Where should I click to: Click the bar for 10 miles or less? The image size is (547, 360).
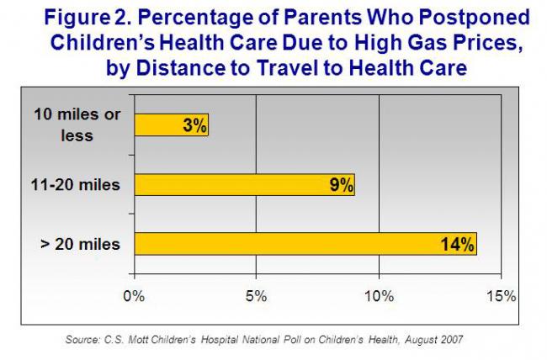tap(171, 125)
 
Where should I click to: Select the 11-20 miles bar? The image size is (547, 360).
tap(244, 184)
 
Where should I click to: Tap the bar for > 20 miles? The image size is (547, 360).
tap(305, 243)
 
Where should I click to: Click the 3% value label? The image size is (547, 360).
tap(194, 126)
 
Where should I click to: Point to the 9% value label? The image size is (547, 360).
tap(341, 185)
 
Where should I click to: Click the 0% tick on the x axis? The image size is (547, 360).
tap(134, 296)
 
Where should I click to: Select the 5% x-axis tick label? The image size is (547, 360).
tap(256, 296)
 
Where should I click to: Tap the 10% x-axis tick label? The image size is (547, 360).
tap(379, 296)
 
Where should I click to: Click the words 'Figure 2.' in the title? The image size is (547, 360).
tap(101, 18)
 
